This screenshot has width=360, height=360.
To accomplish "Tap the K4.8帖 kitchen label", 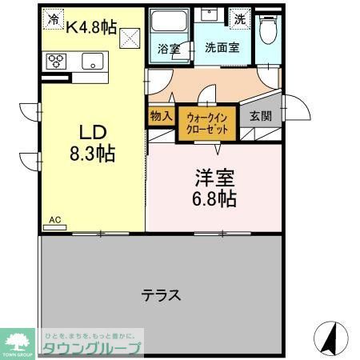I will click(x=90, y=27).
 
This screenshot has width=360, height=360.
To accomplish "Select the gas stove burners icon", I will click(x=58, y=62).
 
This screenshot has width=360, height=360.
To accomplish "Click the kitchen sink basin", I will click(x=93, y=61).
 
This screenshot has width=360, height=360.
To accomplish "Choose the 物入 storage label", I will click(x=160, y=115).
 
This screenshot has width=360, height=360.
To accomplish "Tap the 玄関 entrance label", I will click(x=261, y=115).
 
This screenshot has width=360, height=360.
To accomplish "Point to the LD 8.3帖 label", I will click(x=93, y=142).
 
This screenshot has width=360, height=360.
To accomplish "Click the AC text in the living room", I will click(x=55, y=219).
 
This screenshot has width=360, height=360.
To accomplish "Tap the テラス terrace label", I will click(x=161, y=295).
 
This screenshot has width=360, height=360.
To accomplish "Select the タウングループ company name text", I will click(x=92, y=348).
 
